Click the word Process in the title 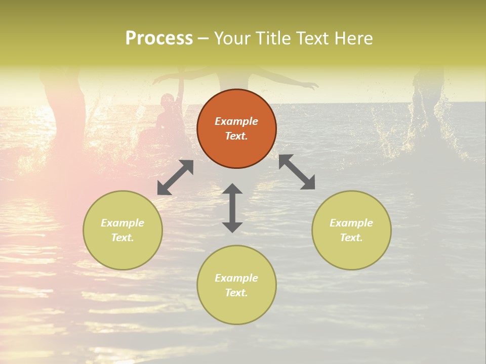click(159, 38)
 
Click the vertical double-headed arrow click(232, 208)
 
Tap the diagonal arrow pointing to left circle click(175, 177)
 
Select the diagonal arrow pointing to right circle click(297, 172)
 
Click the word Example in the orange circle click(236, 121)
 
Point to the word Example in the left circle click(123, 223)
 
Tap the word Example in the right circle click(351, 223)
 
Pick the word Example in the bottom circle click(236, 278)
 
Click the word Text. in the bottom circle click(236, 293)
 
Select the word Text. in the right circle click(351, 238)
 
